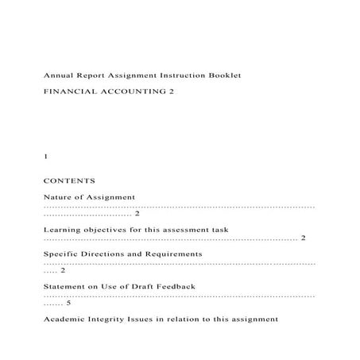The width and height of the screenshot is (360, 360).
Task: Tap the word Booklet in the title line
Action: click(223, 75)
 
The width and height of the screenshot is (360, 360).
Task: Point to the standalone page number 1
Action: click(45, 157)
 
